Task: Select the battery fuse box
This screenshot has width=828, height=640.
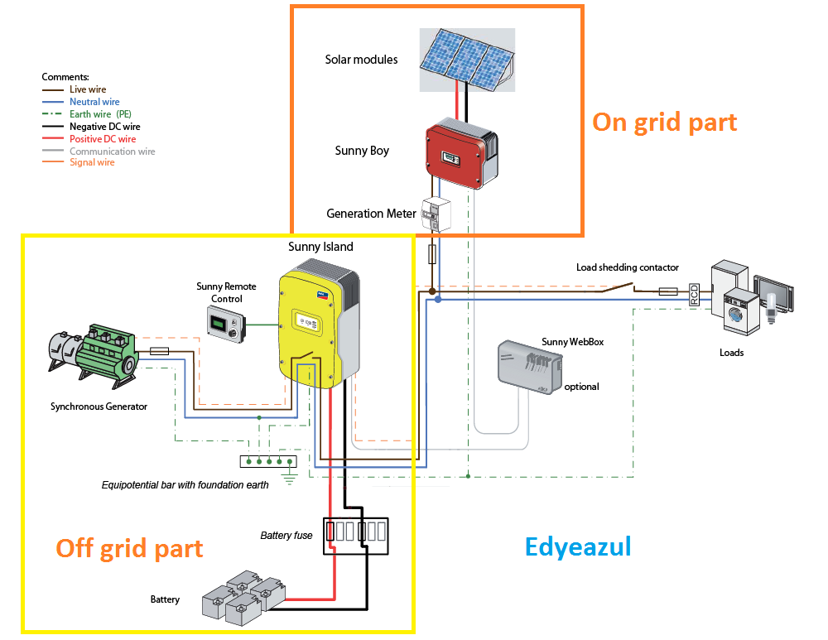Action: click(x=354, y=537)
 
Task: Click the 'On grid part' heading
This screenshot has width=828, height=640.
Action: click(x=664, y=123)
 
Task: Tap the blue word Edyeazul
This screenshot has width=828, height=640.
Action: click(x=578, y=546)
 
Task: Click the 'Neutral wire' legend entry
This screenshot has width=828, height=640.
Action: click(x=94, y=101)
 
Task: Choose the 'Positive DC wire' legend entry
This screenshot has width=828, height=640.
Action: click(x=103, y=139)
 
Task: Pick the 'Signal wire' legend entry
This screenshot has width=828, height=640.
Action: click(x=92, y=162)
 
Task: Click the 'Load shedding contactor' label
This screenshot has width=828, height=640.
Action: click(x=627, y=267)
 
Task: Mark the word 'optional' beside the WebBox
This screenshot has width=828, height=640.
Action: click(x=581, y=387)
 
